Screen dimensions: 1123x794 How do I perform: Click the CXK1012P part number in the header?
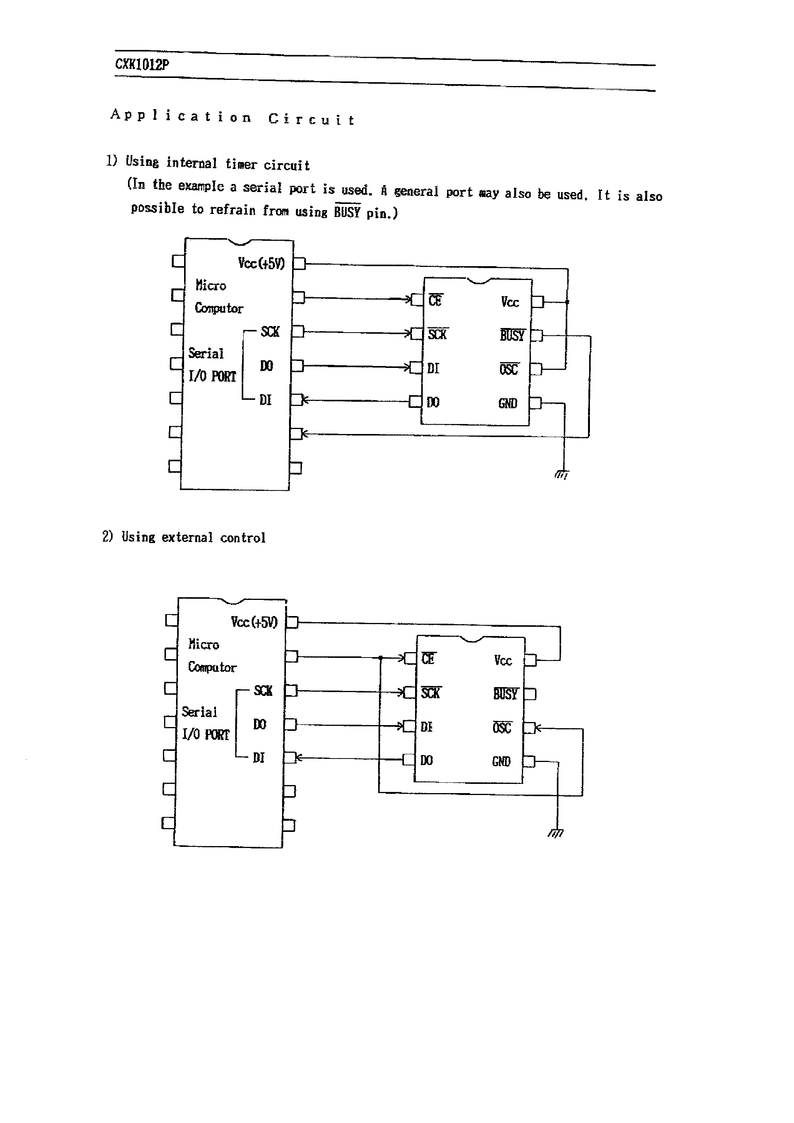tap(142, 65)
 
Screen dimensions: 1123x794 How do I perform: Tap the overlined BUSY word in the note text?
tap(347, 211)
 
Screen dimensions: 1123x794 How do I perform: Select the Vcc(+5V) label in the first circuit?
tap(261, 263)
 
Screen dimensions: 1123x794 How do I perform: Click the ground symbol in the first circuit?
tap(562, 474)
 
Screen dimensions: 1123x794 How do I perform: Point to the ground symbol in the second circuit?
tap(556, 833)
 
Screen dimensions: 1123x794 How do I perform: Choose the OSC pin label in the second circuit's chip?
tap(502, 728)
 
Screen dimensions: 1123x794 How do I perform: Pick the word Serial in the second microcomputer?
tap(199, 712)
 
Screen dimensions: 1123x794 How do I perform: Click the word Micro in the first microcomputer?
tap(211, 285)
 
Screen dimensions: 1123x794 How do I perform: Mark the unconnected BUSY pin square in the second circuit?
tap(530, 694)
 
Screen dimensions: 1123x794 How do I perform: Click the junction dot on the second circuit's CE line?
tap(380, 658)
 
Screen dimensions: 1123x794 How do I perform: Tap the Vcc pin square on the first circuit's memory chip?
tap(537, 302)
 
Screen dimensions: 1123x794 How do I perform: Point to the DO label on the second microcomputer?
tap(259, 724)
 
